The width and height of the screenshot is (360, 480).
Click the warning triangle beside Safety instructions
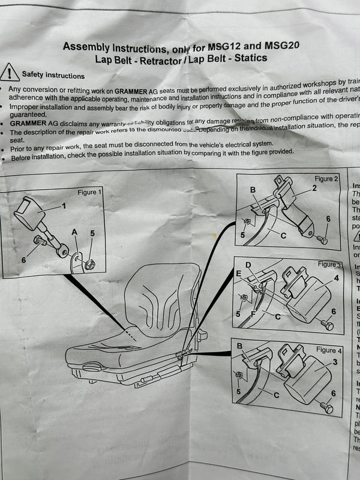[11, 73]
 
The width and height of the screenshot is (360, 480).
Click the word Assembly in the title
[86, 46]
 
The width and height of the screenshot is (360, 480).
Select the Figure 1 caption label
[90, 192]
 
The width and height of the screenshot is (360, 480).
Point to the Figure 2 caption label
[327, 179]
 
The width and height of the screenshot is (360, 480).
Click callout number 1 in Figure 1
[64, 206]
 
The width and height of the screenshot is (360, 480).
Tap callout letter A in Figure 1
[74, 231]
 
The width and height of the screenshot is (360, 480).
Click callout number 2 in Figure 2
[314, 188]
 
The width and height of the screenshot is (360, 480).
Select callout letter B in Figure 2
[253, 190]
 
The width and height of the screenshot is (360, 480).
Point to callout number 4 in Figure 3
[337, 278]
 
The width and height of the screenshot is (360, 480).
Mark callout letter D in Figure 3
[248, 264]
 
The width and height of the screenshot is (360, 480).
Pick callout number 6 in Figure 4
[334, 394]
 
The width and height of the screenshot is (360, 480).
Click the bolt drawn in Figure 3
[327, 324]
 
